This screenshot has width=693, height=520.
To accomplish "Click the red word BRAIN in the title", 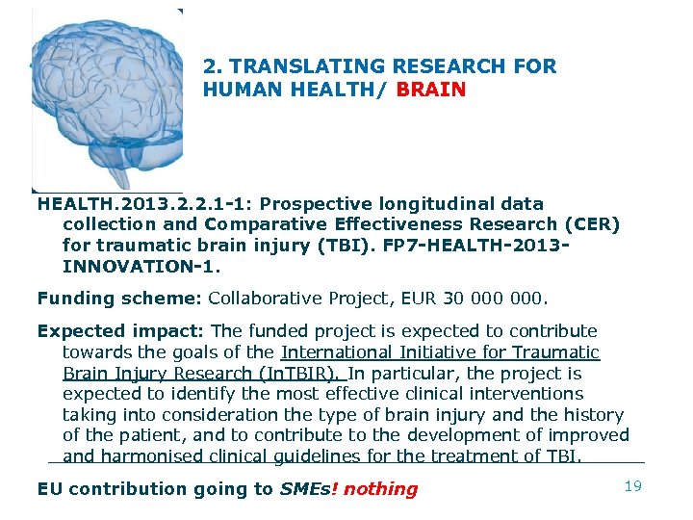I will [431, 91].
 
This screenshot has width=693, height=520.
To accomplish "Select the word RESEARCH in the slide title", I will [461, 66].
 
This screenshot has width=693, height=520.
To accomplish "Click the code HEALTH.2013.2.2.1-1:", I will [145, 204].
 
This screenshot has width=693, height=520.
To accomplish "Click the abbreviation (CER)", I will [593, 224].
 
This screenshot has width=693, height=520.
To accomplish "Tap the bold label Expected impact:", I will [119, 331].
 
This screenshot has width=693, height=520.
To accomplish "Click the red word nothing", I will [381, 489].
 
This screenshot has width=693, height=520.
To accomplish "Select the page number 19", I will [632, 486].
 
